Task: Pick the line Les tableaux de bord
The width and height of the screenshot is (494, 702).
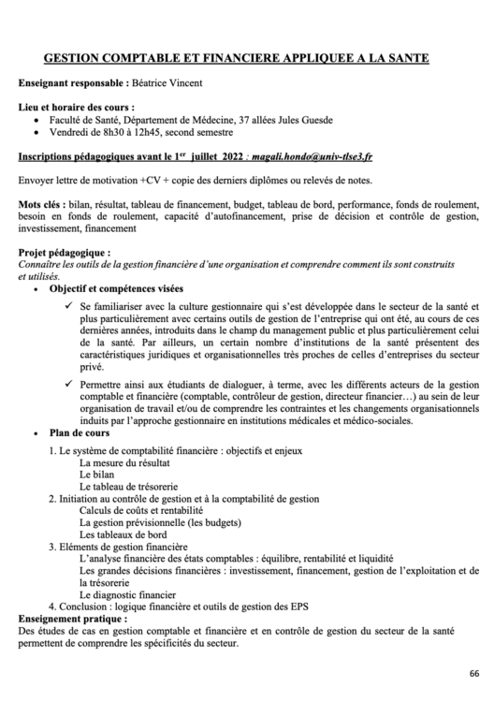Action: [123, 534]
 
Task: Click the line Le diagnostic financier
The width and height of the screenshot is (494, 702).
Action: [128, 593]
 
